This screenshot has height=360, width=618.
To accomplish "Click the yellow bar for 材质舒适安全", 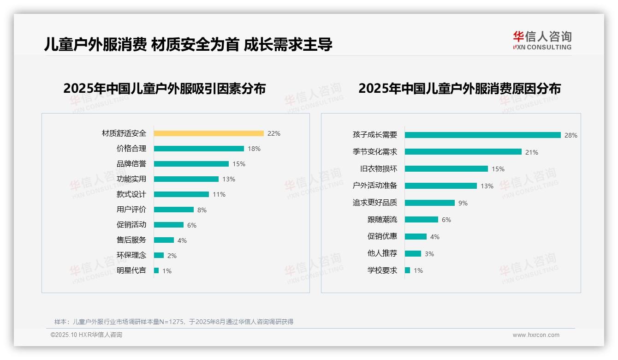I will tap(208, 133).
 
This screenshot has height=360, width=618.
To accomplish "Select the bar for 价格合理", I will tap(199, 149).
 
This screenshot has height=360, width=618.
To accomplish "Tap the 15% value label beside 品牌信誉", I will tap(239, 164).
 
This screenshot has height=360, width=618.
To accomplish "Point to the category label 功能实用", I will tap(131, 179).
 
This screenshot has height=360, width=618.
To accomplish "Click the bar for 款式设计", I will tap(181, 194).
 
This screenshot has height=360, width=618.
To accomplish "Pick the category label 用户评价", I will tap(131, 210).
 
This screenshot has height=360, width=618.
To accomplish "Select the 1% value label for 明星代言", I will tap(166, 271).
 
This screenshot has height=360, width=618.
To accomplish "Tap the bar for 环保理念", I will tap(159, 255).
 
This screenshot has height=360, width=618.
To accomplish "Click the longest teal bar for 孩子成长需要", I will tap(482, 135).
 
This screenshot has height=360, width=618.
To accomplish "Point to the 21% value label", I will tap(531, 152).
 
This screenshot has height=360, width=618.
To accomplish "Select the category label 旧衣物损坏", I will tap(378, 169).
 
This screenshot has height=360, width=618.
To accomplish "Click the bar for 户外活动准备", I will tap(440, 186).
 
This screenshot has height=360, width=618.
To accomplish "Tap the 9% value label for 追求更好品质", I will tap(463, 203).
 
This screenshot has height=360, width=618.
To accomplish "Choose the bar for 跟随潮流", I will tap(421, 220).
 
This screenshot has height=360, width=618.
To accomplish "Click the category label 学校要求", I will tap(382, 270).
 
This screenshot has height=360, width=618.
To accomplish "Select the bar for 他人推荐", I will tap(413, 253).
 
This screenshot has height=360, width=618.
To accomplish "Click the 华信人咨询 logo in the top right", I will tap(542, 40).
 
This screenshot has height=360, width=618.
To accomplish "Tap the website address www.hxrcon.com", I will tap(536, 335).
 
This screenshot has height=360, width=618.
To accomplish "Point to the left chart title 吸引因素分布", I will tap(164, 88).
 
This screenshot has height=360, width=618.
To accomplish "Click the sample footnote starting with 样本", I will tap(173, 322).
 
